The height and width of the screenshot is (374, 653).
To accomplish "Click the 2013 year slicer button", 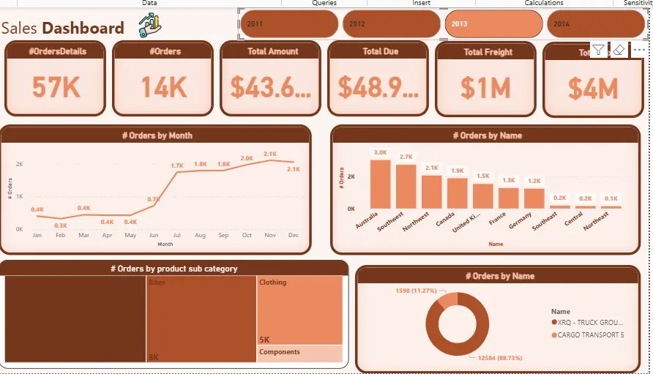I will (493, 24).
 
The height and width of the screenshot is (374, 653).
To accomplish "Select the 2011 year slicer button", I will (288, 24).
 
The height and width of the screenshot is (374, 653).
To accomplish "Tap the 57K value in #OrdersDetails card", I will (56, 88).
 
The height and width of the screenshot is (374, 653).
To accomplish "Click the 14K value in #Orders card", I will (163, 88).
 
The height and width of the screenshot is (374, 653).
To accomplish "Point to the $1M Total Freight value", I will (486, 88).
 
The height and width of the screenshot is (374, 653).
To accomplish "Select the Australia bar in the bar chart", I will (380, 184).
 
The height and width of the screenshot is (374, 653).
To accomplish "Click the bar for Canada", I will (457, 193).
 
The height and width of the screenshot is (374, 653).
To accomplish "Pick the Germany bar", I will (534, 198).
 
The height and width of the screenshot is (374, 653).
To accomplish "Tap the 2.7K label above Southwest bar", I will (406, 157).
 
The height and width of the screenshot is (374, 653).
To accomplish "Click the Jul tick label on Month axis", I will (176, 236).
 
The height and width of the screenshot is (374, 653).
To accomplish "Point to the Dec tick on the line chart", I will (294, 236).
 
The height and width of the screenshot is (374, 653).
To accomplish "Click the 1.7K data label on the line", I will (176, 166).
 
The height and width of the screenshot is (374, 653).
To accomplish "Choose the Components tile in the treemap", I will (299, 354).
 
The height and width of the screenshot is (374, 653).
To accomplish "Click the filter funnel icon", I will (599, 50).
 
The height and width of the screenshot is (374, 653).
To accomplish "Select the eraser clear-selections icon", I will (619, 50).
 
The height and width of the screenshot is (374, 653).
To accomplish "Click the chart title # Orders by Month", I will (157, 135).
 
